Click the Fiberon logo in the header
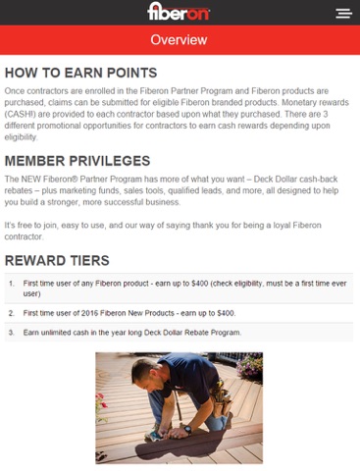coord(179,12)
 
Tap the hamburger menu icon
coord(343,14)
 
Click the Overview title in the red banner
coord(179,40)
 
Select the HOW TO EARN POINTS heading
coord(80,73)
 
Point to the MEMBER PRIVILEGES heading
coord(77,161)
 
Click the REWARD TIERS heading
coord(57,261)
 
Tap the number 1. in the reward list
coord(12,284)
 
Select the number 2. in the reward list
coord(12,313)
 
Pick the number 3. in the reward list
coord(12,333)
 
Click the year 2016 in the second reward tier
coord(90,313)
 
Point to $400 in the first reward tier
coord(200,284)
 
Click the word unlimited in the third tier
coord(56,333)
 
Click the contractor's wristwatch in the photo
coord(187,429)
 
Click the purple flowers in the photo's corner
coord(249,366)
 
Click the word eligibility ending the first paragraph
coord(21,137)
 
